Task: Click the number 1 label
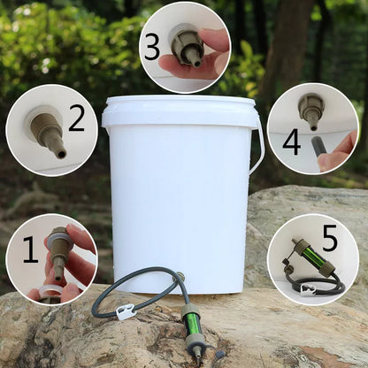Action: [x=30, y=250]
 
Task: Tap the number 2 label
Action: [x=77, y=117]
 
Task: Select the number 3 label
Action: [x=152, y=45]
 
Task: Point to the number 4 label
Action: [x=291, y=141]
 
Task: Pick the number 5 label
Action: [x=330, y=238]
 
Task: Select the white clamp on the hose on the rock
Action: [x=126, y=312]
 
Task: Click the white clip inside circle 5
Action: [x=308, y=288]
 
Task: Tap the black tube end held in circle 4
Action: [x=318, y=145]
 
